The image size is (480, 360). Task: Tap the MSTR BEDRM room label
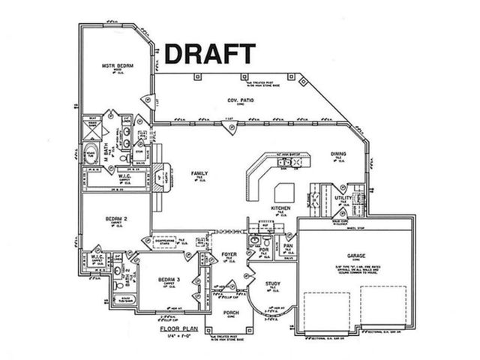118,66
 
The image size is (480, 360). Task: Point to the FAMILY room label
199,173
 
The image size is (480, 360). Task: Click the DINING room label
338,154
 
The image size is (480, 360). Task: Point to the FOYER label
229,255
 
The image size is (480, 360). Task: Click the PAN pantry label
288,245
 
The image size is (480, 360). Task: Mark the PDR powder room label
264,250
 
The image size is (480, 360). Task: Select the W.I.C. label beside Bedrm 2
97,256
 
